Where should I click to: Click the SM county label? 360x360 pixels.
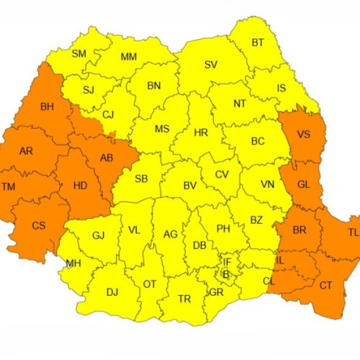coord(79,53)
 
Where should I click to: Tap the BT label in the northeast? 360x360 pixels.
coord(257,42)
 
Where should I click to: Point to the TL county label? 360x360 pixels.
coord(353,233)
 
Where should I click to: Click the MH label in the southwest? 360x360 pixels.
coord(73,264)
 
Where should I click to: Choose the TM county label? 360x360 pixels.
coord(9,186)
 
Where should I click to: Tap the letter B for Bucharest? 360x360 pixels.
coord(225,274)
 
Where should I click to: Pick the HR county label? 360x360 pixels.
coord(200,132)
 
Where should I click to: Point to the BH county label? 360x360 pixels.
coord(48,107)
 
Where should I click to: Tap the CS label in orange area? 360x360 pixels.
coord(38,225)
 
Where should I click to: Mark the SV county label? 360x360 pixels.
coord(211,65)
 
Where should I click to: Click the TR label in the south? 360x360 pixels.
coord(184,299)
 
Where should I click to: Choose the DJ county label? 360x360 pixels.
coord(112,292)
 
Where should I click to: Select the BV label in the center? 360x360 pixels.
coord(190,185)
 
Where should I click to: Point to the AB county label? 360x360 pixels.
coord(106,158)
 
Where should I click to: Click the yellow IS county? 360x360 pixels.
coord(282,88)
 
